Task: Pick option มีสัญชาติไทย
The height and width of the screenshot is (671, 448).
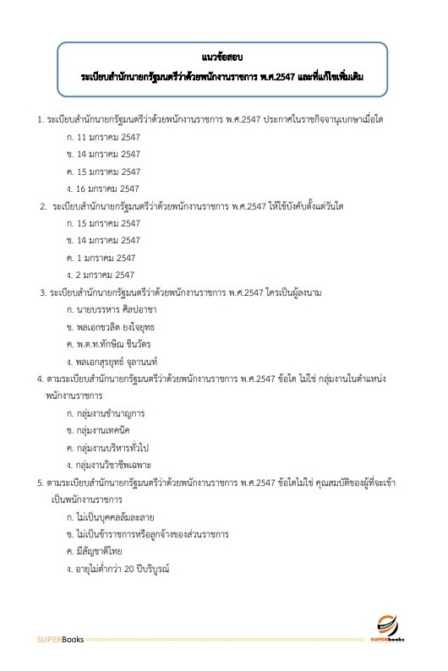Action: (x=101, y=551)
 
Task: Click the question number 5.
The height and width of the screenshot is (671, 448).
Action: (x=41, y=482)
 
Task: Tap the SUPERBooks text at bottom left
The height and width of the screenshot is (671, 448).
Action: (x=60, y=639)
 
